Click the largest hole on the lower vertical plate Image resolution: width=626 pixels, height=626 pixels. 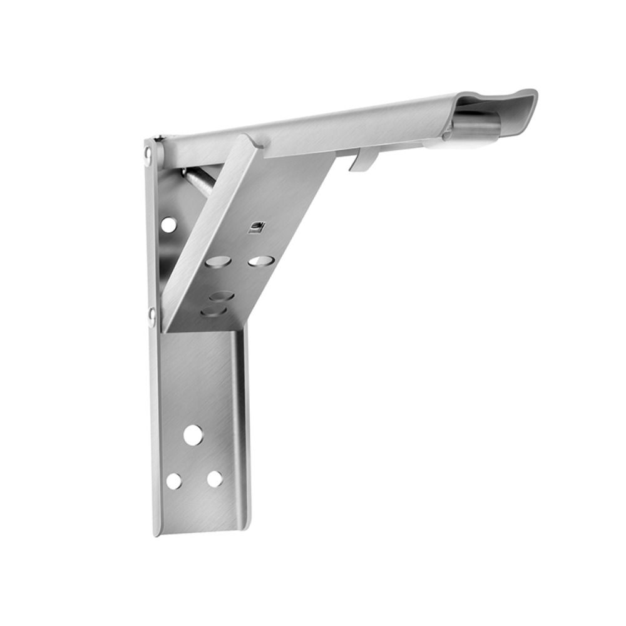tap(193, 434)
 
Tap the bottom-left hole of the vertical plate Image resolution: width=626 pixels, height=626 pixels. tap(173, 481)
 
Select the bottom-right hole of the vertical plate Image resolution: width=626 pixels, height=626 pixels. tap(215, 479)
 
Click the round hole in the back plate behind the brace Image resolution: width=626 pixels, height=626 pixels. tap(168, 223)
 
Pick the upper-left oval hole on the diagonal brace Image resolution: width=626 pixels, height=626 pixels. tap(218, 261)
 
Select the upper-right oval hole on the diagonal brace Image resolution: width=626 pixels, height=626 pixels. tap(260, 260)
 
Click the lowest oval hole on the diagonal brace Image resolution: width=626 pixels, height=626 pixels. tap(212, 311)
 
